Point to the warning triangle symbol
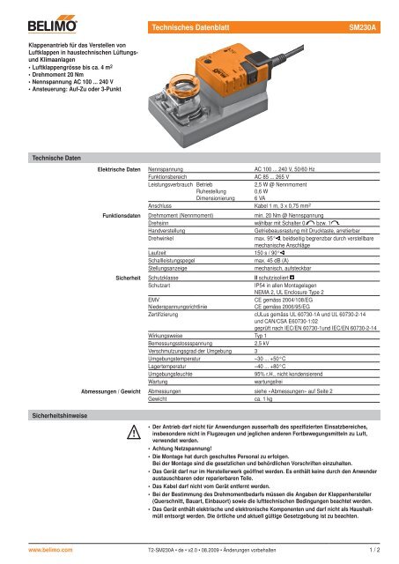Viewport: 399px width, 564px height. coord(132,434)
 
